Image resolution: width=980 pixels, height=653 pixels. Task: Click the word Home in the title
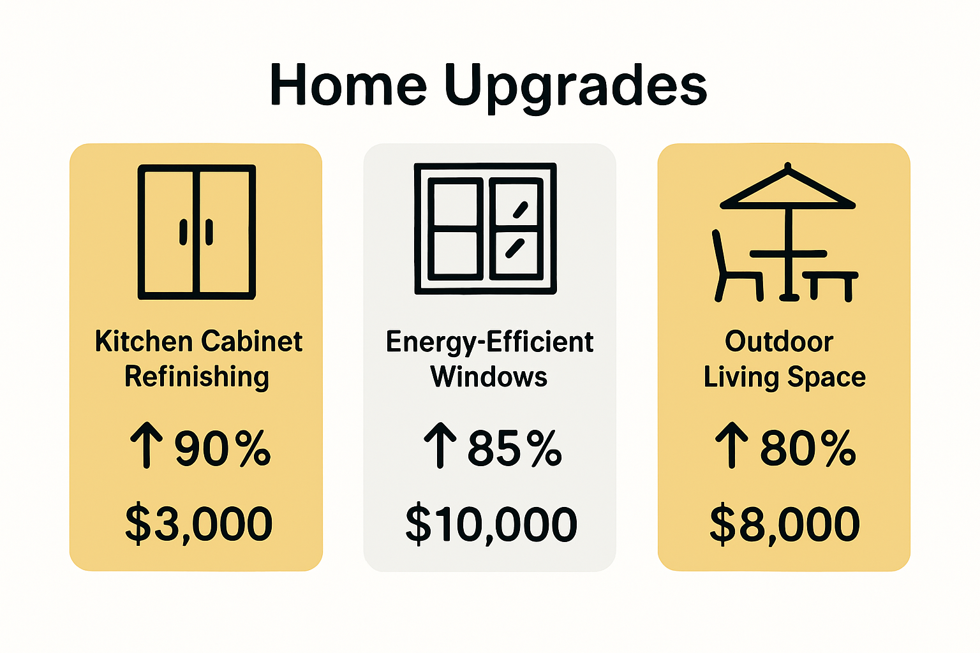[x=348, y=85]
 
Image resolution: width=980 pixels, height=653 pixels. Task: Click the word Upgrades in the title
[x=575, y=86]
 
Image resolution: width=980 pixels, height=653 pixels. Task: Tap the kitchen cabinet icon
[x=197, y=232]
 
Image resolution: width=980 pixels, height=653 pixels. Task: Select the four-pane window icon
[x=485, y=228]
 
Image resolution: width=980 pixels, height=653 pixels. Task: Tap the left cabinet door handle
[x=183, y=232]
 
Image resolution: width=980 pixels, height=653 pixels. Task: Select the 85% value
[x=514, y=448]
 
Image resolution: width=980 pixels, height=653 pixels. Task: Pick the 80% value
[x=807, y=448]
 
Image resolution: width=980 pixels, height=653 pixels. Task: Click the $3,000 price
[x=199, y=524]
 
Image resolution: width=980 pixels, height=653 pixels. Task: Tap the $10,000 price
[x=491, y=524]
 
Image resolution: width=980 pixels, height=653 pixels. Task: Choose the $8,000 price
[x=785, y=524]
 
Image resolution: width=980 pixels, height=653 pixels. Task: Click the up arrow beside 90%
[x=147, y=444]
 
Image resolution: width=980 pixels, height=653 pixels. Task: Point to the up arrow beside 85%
[x=440, y=444]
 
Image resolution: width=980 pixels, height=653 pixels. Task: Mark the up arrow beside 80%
[x=731, y=444]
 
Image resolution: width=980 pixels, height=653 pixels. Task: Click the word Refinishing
[x=197, y=377]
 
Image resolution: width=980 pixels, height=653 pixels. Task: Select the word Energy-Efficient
[x=489, y=342]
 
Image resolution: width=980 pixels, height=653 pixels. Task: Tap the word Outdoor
[x=779, y=342]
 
